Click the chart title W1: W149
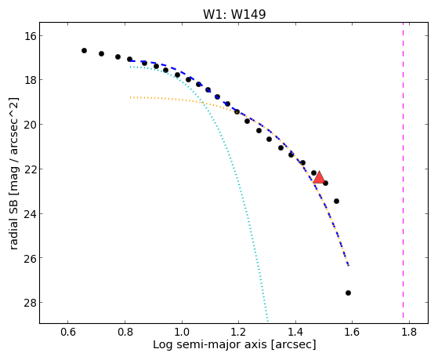[234, 13]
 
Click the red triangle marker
[319, 178]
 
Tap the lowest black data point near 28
[348, 293]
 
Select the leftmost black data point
[84, 51]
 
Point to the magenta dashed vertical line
[403, 169]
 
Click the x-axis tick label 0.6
[68, 333]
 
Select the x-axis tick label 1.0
[182, 333]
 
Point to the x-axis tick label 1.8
[409, 333]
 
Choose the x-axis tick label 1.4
[295, 333]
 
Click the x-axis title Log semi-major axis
[210, 344]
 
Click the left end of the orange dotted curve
[130, 97]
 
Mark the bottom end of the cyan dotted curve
[268, 321]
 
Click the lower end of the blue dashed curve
[349, 265]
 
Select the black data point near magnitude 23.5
[337, 201]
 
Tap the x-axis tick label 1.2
[238, 333]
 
